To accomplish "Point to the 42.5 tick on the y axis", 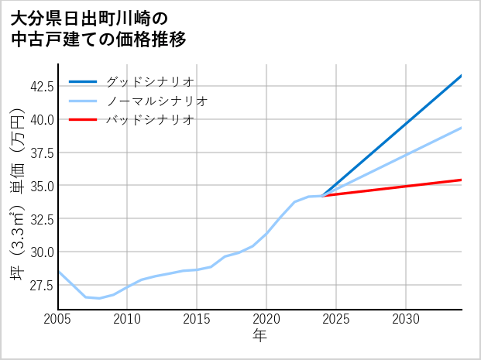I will point(41,86).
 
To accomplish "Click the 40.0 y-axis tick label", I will point(41,119).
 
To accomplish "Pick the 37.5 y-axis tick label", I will point(41,153).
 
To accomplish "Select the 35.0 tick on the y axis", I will point(41,186).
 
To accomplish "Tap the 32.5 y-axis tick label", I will point(41,219).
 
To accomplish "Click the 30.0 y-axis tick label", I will point(41,252).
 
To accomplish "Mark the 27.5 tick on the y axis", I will point(41,286).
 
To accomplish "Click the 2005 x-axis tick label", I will point(58,319).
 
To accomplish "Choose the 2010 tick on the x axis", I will point(128,319).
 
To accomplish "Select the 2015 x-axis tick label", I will point(198,319).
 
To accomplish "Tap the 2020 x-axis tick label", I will point(267,319).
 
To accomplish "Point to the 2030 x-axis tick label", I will point(407,319).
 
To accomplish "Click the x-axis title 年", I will point(260,336).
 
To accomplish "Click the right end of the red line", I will point(462,180).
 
